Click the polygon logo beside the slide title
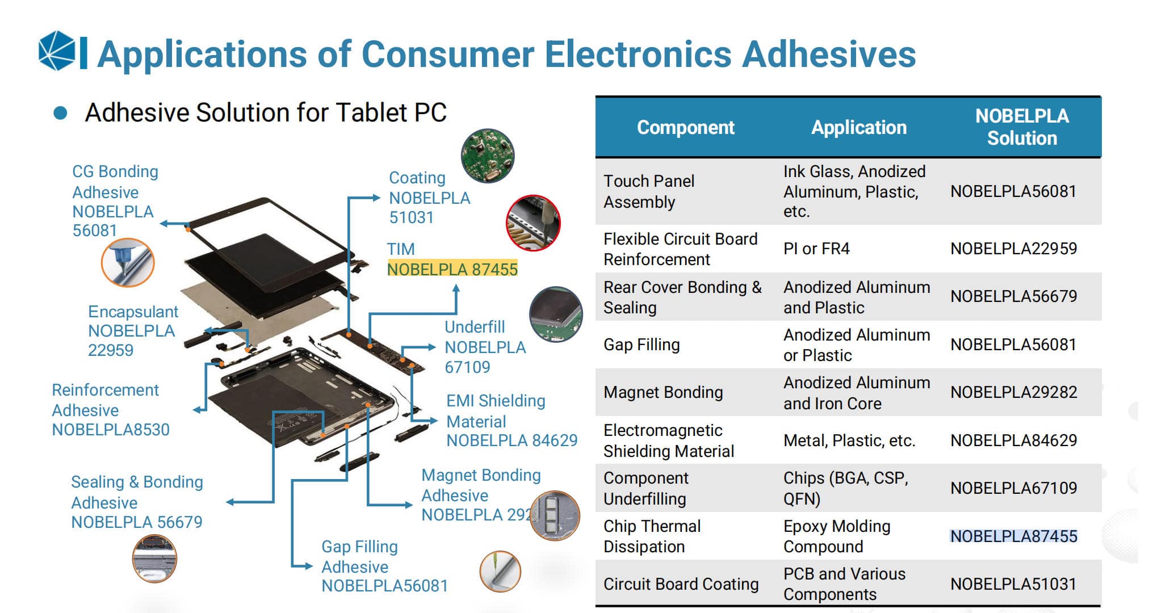click(x=57, y=51)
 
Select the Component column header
click(x=685, y=127)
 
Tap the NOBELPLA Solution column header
click(x=1021, y=127)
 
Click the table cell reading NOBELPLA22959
click(x=1013, y=249)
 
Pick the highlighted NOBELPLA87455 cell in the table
click(x=1013, y=536)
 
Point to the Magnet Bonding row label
click(x=663, y=392)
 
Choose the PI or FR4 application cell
click(x=816, y=249)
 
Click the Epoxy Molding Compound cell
click(x=836, y=536)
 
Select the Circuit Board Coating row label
click(x=681, y=584)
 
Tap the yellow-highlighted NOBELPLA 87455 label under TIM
click(x=452, y=269)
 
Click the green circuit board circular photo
click(x=488, y=156)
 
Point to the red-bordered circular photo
click(x=533, y=223)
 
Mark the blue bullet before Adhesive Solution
click(x=60, y=113)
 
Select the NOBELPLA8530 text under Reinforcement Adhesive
click(x=111, y=430)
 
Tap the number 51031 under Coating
click(x=411, y=217)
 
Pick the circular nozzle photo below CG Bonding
click(x=128, y=263)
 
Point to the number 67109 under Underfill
click(x=467, y=367)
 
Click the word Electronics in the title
click(x=638, y=54)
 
